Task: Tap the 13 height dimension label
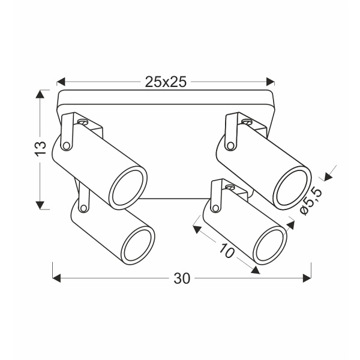[40, 148]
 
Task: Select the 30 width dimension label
[181, 278]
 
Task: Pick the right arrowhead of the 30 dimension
[307, 278]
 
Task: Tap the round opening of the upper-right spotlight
[292, 187]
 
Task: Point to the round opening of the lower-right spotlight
[269, 245]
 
